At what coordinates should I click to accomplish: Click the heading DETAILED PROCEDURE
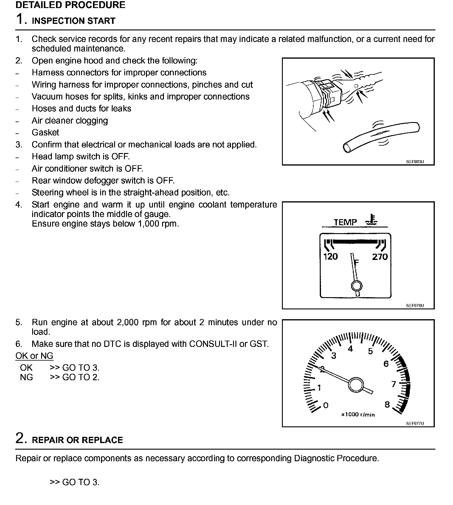point(70,5)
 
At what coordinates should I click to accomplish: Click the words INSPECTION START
point(73,21)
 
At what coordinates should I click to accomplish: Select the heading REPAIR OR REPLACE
point(77,440)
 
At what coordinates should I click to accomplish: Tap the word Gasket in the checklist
point(45,133)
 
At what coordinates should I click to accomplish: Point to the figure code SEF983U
point(415,162)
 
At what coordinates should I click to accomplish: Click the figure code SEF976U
point(415,306)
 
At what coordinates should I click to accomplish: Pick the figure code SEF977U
point(415,423)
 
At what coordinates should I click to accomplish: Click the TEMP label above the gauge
point(345,222)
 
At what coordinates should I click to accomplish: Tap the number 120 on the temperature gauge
point(331,257)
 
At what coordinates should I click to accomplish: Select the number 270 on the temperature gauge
point(380,257)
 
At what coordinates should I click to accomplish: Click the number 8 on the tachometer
point(387,404)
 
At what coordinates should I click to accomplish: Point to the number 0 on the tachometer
point(326,405)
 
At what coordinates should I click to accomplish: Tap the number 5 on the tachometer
point(370,351)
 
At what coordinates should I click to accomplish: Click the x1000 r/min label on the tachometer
point(358,414)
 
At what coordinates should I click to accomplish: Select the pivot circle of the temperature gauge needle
point(356,286)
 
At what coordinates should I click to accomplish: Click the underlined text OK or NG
point(34,356)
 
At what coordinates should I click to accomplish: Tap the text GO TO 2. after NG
point(80,377)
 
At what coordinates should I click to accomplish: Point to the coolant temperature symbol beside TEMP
point(372,219)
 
